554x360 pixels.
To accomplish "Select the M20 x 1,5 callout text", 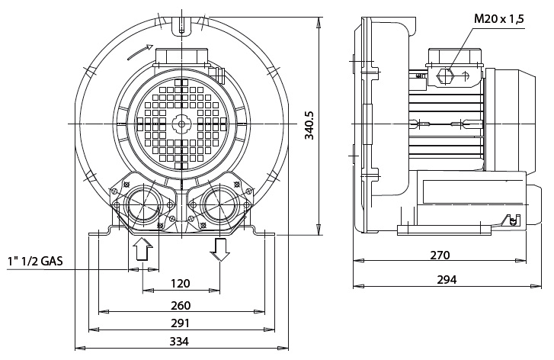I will point(499,18).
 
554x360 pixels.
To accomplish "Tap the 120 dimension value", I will point(180,284).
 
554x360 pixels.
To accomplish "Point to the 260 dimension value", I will point(180,305).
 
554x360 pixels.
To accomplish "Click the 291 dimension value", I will point(180,323).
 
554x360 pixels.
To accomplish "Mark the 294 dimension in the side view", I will point(446,280).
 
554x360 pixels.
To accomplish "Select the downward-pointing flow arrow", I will point(221,249).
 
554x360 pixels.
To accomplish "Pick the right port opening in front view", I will point(220,204).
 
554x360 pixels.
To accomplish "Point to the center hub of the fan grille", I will point(181,124).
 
